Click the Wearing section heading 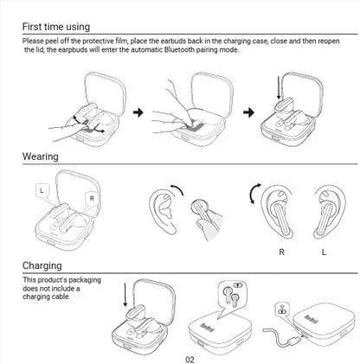[41, 156]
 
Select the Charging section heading [44, 265]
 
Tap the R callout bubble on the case [91, 198]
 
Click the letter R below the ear [281, 252]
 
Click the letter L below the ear [324, 252]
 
